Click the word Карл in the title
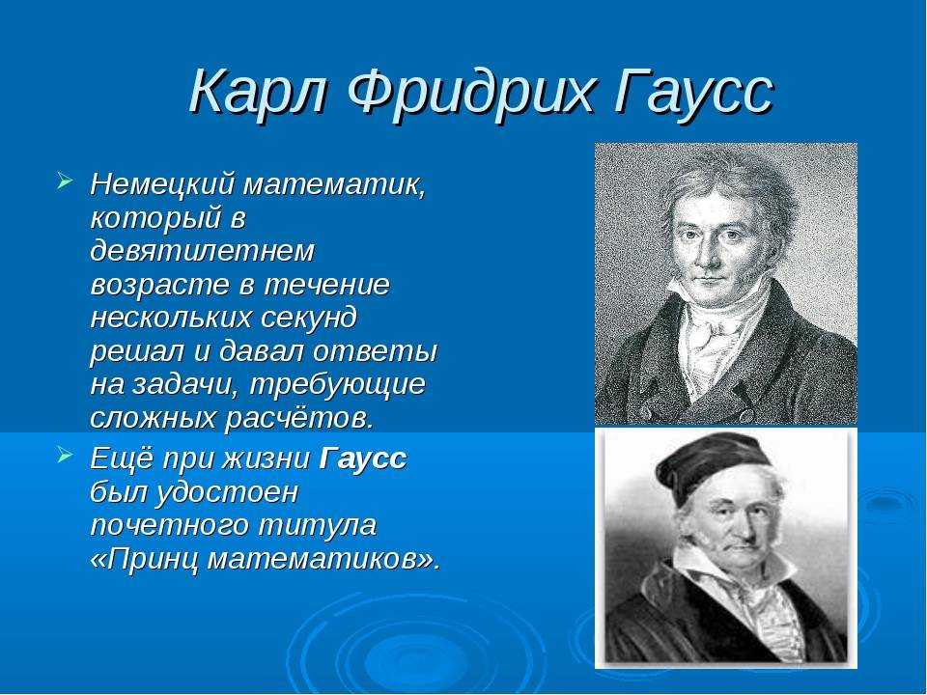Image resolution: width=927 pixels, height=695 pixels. tap(259, 92)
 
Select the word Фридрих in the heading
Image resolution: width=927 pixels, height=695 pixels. tap(470, 95)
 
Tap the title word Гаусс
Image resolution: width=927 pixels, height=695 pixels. tap(693, 93)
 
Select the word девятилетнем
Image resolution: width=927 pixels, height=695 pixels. tap(203, 251)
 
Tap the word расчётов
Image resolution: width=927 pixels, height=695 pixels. tap(299, 418)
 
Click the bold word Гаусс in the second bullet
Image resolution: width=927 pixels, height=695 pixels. tap(363, 459)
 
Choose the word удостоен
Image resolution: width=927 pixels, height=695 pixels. tap(227, 493)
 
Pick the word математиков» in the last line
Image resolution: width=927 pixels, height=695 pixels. tap(324, 559)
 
